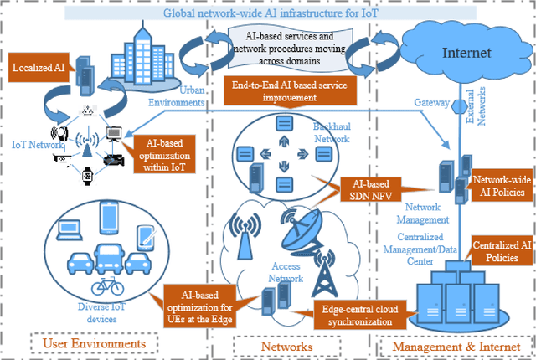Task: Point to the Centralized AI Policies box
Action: [x=500, y=249]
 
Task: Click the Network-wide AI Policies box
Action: [x=502, y=186]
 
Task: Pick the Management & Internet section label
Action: [x=453, y=344]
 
